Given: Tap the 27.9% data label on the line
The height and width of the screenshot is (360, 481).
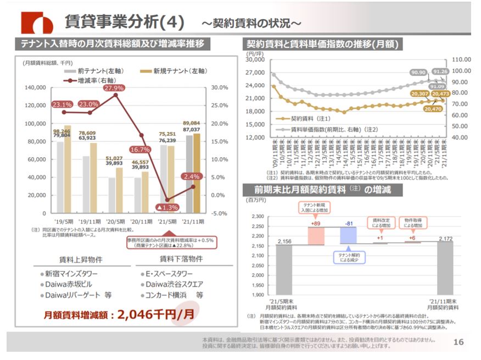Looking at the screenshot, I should [x=113, y=88].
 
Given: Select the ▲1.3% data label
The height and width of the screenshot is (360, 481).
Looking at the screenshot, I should [x=167, y=207].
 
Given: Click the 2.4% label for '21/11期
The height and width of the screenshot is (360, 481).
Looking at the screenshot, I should [x=192, y=176].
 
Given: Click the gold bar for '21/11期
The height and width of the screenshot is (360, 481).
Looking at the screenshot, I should [x=196, y=173].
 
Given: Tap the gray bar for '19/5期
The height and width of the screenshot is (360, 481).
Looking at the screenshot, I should [x=60, y=177].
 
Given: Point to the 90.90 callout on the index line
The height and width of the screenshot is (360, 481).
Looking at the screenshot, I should [x=418, y=72].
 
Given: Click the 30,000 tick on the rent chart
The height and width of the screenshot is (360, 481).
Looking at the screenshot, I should [x=256, y=59].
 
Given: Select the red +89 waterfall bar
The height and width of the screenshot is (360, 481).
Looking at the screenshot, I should [x=316, y=236].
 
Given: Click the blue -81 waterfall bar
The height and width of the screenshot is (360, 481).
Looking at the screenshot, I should [x=348, y=235].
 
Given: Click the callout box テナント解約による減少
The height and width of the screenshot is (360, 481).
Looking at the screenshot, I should [x=349, y=257].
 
